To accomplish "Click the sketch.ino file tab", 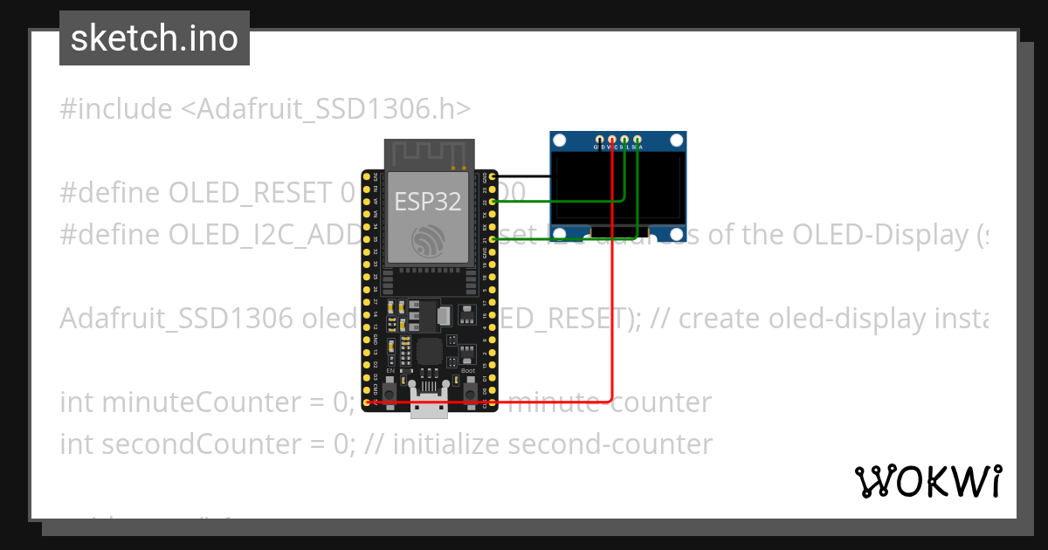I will pos(155,38).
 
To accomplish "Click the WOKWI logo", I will pos(927,481).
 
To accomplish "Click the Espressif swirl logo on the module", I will pos(427,241).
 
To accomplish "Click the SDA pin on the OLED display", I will pos(638,140).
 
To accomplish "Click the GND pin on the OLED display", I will pos(599,140).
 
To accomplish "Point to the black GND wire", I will pos(524,176).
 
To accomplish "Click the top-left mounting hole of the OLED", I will pos(562,141).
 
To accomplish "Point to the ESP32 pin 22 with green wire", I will pos(493,202).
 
